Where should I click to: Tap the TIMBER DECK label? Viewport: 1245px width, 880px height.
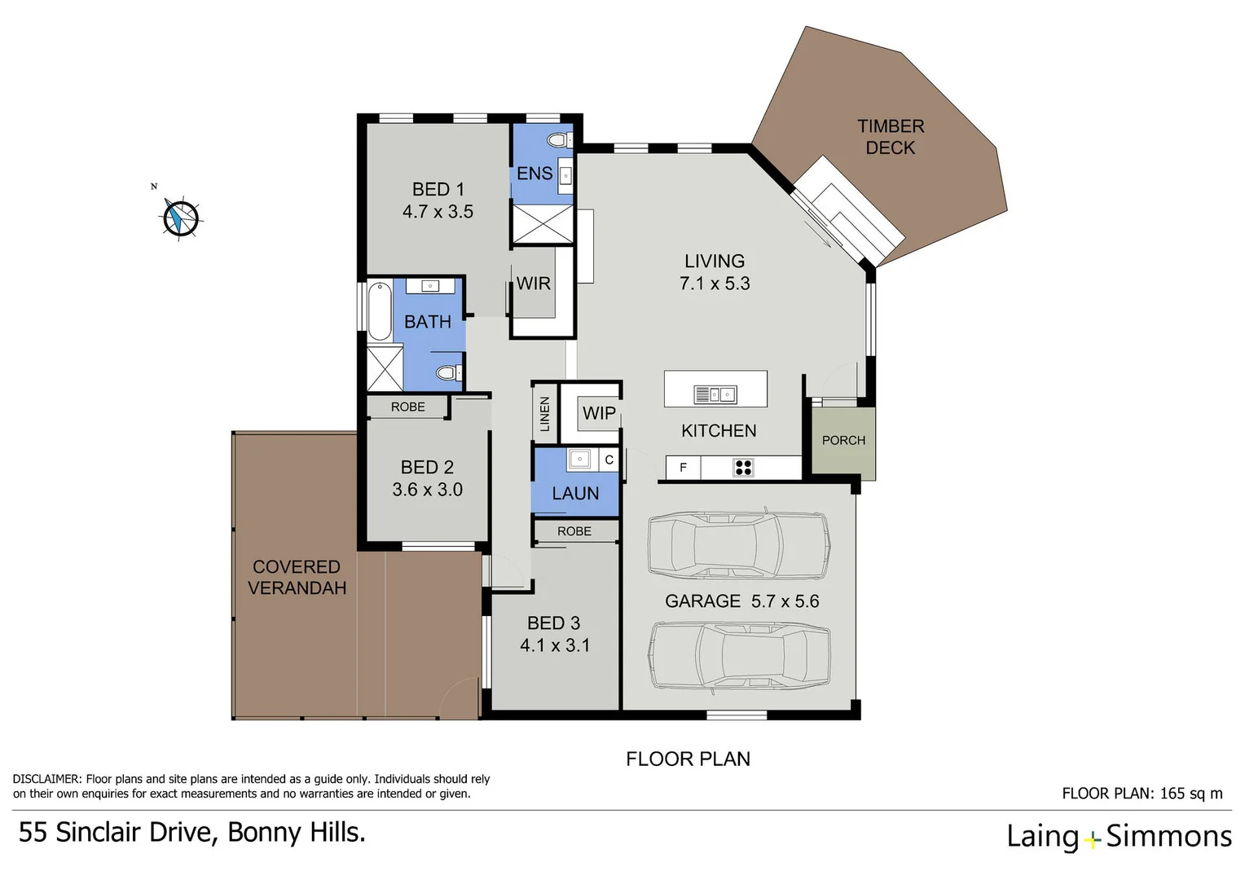891,137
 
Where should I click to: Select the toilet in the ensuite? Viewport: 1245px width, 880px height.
560,140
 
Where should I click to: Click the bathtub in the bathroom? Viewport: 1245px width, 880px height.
380,311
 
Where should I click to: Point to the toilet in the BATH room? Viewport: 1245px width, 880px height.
448,372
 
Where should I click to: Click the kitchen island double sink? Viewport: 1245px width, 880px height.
715,394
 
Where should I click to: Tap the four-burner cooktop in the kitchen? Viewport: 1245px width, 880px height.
743,468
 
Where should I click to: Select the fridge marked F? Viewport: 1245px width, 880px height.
683,468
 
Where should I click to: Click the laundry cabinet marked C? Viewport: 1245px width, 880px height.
609,460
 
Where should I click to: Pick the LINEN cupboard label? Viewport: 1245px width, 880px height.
544,414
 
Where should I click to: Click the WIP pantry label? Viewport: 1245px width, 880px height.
599,413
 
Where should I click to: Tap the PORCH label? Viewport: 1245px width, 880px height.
843,440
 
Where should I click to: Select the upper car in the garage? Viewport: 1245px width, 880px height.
739,546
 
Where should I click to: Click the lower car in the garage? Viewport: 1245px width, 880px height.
739,657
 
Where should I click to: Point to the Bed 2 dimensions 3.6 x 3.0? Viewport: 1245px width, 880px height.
427,490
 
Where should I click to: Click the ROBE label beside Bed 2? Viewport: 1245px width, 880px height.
407,407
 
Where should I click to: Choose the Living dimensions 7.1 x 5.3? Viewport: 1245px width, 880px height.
715,284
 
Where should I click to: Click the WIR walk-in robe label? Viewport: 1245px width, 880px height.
533,284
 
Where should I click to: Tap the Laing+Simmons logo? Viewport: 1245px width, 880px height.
1119,837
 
